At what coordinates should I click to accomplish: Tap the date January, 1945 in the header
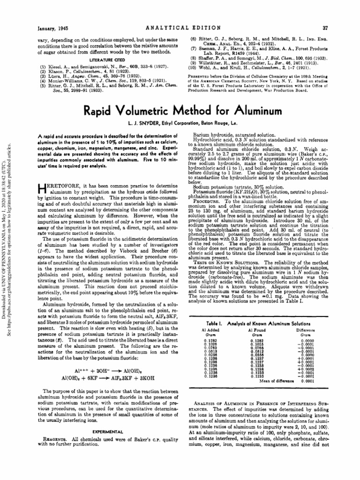(54, 15)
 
